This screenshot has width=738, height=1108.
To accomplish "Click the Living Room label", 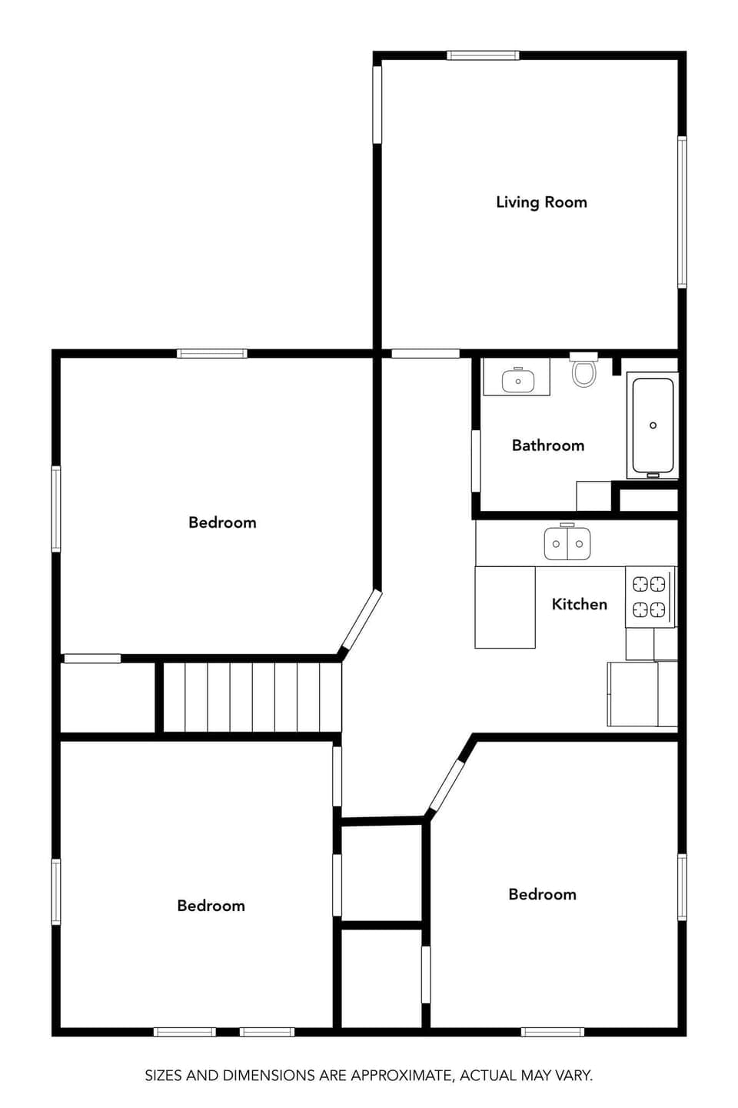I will [x=541, y=202].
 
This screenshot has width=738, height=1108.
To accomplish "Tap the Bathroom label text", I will [x=547, y=446].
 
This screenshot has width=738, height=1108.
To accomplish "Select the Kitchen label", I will [x=579, y=604].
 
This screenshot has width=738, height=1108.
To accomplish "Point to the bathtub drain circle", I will [x=653, y=426].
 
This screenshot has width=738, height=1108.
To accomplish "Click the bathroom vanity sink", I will [x=517, y=380].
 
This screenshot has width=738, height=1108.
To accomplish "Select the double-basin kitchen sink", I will [x=567, y=543].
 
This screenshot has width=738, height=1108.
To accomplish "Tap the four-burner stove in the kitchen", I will [x=649, y=596].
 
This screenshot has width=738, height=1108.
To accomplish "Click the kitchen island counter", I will [x=504, y=607].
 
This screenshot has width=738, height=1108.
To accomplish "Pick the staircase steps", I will [x=252, y=696].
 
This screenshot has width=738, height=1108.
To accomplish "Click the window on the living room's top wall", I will [x=483, y=55].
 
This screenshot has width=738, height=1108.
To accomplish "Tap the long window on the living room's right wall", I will [x=682, y=212].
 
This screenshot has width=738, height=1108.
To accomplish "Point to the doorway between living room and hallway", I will [x=425, y=354].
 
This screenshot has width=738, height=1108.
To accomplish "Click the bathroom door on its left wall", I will [x=476, y=461].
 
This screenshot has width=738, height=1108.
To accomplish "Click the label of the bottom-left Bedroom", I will [x=211, y=906].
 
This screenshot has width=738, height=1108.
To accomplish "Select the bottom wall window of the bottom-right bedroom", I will [x=552, y=1032].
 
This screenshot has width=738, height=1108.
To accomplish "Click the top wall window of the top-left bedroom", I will [x=211, y=354].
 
